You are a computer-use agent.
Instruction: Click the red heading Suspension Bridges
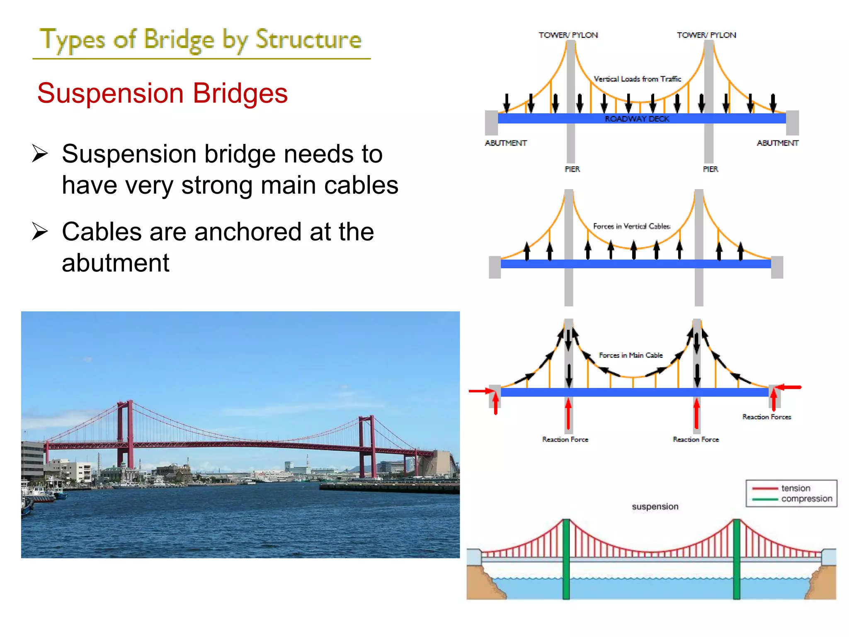pyautogui.click(x=162, y=93)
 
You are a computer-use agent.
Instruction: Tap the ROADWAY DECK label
pyautogui.click(x=637, y=119)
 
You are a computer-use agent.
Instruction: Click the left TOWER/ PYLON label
pyautogui.click(x=568, y=35)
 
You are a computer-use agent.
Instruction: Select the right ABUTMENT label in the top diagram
pyautogui.click(x=777, y=143)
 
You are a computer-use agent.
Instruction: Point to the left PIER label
pyautogui.click(x=572, y=169)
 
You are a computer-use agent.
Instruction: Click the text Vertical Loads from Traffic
pyautogui.click(x=637, y=79)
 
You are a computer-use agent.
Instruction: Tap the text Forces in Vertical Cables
pyautogui.click(x=631, y=226)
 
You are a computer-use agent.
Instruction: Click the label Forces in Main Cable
pyautogui.click(x=631, y=355)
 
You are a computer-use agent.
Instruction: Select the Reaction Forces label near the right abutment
pyautogui.click(x=767, y=417)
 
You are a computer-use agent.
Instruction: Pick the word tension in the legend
pyautogui.click(x=796, y=488)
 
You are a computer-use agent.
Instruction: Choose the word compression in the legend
pyautogui.click(x=806, y=498)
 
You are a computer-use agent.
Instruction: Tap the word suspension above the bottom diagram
pyautogui.click(x=655, y=506)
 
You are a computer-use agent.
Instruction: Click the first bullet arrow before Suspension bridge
pyautogui.click(x=40, y=154)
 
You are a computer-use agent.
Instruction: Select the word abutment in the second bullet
pyautogui.click(x=116, y=263)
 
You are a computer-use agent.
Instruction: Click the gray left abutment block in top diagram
pyautogui.click(x=491, y=123)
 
